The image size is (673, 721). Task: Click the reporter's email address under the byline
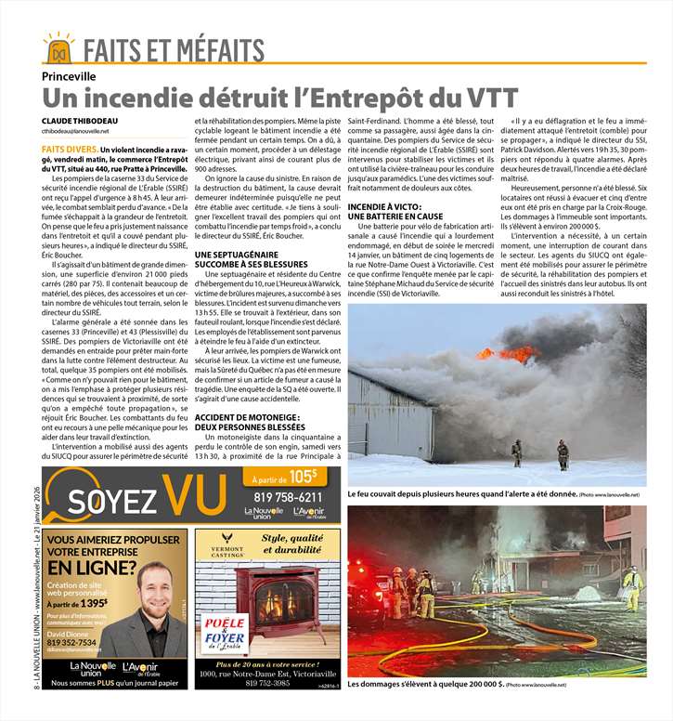point(75,132)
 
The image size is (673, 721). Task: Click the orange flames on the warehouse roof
point(520,353)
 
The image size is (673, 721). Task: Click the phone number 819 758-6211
point(288,497)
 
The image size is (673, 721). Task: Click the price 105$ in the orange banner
point(302,476)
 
